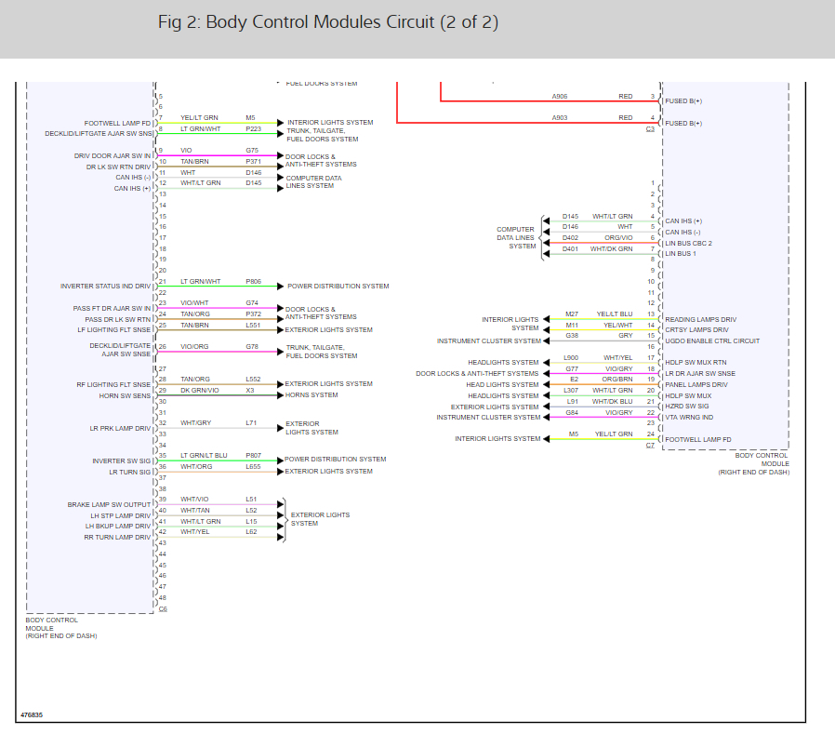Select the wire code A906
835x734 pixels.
(x=559, y=96)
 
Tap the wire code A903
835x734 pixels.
(x=559, y=118)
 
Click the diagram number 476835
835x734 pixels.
(x=32, y=715)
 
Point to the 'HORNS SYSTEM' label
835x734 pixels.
(x=311, y=394)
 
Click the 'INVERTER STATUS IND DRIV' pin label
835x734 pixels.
(x=105, y=287)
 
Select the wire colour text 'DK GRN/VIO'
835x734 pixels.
(x=200, y=390)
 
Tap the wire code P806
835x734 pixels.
(x=253, y=281)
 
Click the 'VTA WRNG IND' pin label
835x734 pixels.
(x=688, y=417)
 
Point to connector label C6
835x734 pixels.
(x=163, y=609)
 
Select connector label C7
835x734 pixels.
(x=650, y=446)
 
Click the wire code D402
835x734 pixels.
(x=570, y=238)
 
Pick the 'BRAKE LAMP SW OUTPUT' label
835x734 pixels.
(x=109, y=504)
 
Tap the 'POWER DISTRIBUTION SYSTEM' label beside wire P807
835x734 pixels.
(x=336, y=459)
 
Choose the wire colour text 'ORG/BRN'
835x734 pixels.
(x=617, y=379)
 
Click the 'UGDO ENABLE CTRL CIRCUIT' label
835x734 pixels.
(x=711, y=341)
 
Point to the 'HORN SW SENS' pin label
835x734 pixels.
(x=125, y=395)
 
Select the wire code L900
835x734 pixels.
(x=571, y=357)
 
